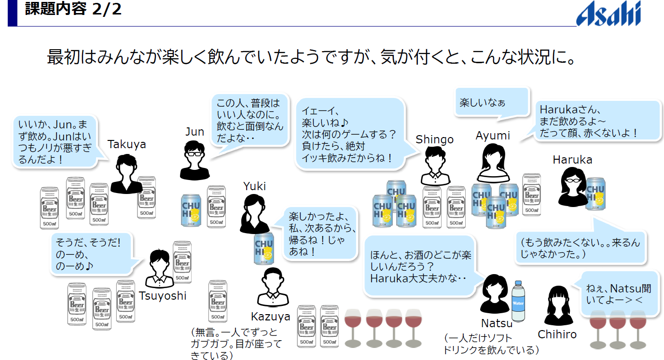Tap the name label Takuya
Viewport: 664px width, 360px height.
click(x=126, y=144)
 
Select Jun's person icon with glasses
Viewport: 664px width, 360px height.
click(x=194, y=160)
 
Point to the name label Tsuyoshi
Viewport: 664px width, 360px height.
click(x=163, y=295)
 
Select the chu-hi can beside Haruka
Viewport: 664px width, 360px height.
click(x=595, y=194)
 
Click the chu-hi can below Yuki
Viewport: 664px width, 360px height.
click(x=263, y=248)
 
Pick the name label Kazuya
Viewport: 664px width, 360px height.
click(x=271, y=317)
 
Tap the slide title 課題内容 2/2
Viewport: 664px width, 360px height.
click(x=73, y=9)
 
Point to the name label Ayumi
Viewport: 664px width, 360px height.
click(x=493, y=136)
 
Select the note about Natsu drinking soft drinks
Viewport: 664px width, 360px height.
click(x=490, y=344)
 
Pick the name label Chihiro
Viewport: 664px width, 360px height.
click(x=557, y=334)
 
